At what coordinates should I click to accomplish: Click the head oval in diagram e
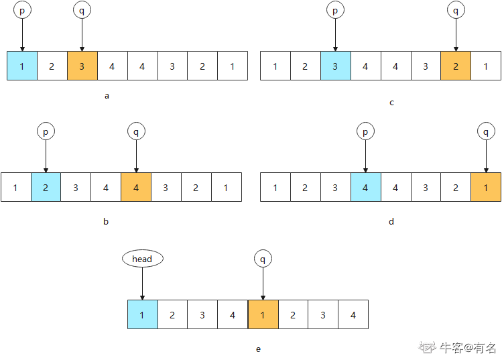point(142,259)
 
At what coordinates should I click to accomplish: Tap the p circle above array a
point(22,11)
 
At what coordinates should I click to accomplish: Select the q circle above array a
point(82,11)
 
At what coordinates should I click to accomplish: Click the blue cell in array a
point(22,66)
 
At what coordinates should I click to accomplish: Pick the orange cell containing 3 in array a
point(82,66)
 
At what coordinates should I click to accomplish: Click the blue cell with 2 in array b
point(46,187)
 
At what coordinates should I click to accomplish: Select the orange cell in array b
point(136,187)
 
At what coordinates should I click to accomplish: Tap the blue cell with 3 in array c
point(335,66)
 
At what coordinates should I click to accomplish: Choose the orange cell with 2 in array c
point(456,66)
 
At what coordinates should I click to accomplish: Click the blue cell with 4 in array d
point(365,187)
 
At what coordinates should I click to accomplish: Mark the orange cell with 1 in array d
point(486,187)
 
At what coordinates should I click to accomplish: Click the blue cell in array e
point(143,314)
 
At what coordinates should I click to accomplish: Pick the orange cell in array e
point(263,314)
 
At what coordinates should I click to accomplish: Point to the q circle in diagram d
point(486,132)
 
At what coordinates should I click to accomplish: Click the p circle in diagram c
point(335,11)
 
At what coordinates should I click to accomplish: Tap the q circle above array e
point(263,259)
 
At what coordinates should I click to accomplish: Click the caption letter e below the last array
point(258,349)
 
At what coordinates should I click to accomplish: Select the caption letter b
point(106,221)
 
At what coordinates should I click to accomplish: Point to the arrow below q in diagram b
point(136,157)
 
